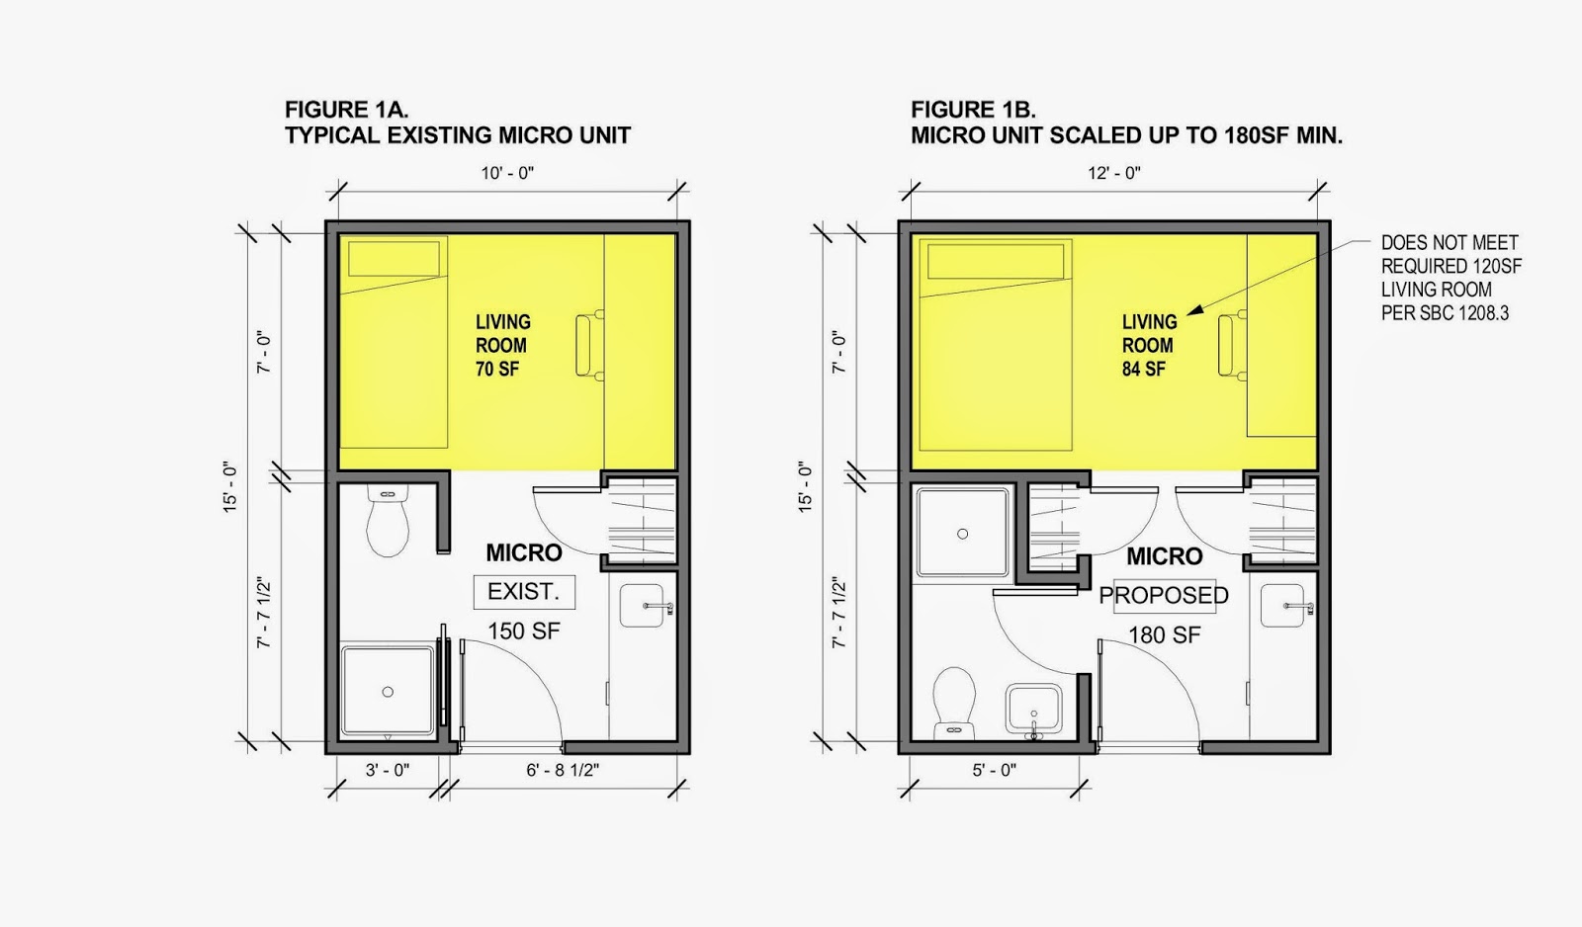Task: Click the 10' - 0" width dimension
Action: click(507, 173)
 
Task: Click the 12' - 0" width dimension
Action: click(1113, 173)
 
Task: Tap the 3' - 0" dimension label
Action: click(387, 770)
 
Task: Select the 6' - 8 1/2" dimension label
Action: click(563, 770)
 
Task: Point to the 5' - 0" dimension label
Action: click(994, 770)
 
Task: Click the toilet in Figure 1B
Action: click(953, 703)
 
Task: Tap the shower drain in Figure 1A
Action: click(387, 692)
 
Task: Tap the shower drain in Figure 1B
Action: click(962, 534)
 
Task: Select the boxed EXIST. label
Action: click(524, 592)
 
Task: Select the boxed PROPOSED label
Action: click(1163, 596)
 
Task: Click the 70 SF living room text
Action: click(497, 369)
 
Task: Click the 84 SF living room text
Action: click(1144, 369)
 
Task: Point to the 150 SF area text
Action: click(523, 631)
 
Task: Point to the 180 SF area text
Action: click(1164, 635)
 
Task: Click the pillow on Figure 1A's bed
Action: click(395, 259)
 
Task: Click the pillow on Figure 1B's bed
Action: click(996, 262)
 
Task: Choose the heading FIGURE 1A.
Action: click(347, 110)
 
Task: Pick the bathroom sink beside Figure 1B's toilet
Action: click(1034, 710)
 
